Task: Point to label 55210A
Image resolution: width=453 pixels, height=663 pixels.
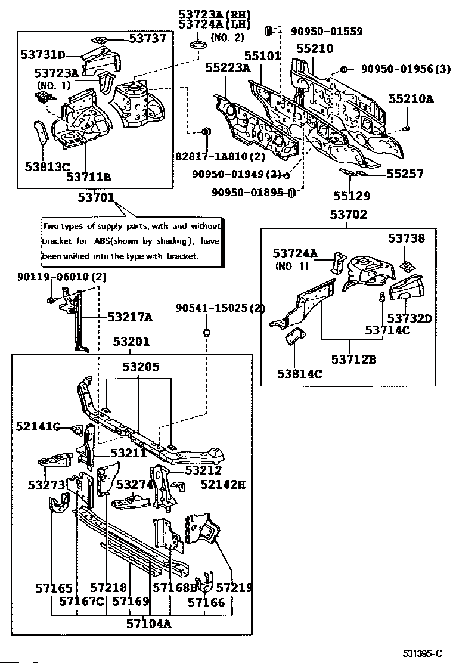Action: (x=412, y=99)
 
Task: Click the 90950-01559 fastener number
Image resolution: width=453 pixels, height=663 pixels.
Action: (x=327, y=31)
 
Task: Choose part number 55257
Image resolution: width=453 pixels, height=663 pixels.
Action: (x=405, y=174)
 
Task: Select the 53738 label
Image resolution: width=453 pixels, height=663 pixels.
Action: (x=407, y=238)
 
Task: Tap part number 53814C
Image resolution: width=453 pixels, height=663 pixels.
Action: (x=299, y=374)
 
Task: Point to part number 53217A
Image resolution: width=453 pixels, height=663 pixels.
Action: (x=129, y=317)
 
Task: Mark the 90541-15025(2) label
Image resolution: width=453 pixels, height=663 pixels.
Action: (x=220, y=308)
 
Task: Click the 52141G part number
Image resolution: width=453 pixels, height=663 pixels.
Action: (x=39, y=426)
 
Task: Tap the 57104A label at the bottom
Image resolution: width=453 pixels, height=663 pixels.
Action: (x=149, y=624)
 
